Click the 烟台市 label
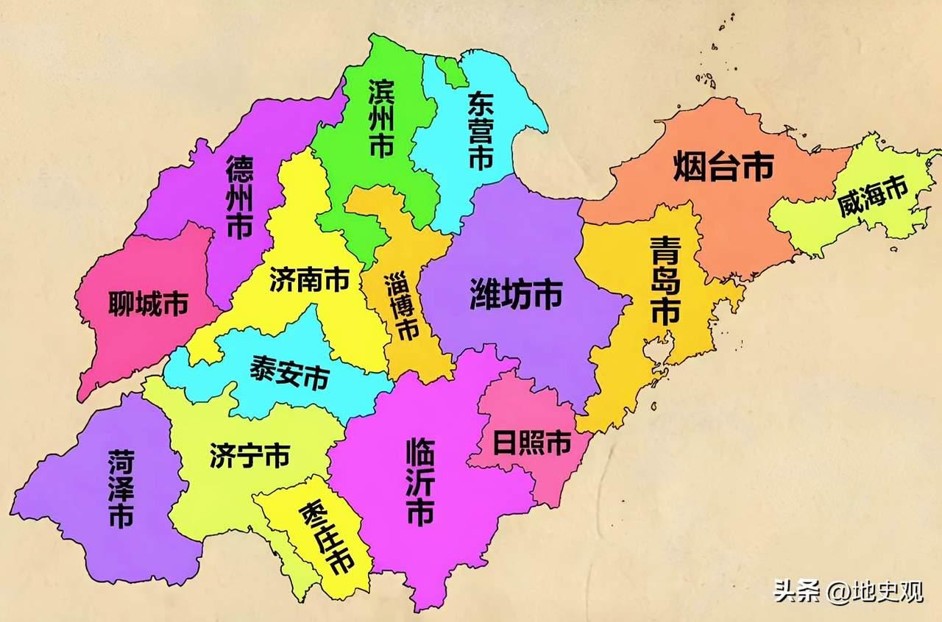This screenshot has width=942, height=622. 723,168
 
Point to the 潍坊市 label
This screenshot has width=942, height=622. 516,294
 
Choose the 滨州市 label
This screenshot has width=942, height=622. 380,118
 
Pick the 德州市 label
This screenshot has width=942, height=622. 239,196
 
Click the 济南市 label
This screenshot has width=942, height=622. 308,279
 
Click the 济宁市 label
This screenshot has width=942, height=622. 249,455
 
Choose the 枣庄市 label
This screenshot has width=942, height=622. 326,539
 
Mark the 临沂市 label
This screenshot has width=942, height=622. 420,482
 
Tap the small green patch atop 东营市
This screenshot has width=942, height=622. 451,70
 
